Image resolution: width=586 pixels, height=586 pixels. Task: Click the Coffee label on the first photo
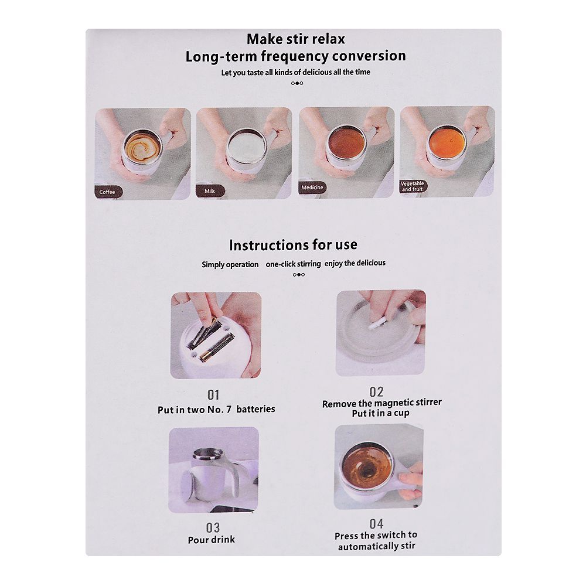point(108,192)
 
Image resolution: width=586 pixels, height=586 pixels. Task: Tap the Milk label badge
point(210,191)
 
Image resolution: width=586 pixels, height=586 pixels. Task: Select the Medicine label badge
point(312,188)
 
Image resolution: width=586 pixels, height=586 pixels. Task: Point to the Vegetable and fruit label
point(413,186)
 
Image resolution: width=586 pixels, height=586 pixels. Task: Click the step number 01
point(213,395)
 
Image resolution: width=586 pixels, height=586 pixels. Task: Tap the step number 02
point(376,391)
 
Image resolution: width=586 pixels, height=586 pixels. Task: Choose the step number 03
point(213,528)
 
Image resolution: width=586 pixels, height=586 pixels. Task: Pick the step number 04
point(376,523)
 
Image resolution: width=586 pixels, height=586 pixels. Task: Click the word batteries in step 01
point(255,409)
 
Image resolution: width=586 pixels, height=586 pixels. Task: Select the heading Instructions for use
point(294,245)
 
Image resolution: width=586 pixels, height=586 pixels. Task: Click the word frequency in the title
point(292,56)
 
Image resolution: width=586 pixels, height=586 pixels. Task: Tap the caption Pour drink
point(212,540)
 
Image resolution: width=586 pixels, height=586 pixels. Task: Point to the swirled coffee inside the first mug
point(143,147)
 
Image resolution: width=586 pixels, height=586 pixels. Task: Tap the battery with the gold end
point(217,347)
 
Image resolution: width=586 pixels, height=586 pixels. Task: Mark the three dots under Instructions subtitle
point(299,275)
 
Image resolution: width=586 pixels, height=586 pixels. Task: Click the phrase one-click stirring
point(294,264)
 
